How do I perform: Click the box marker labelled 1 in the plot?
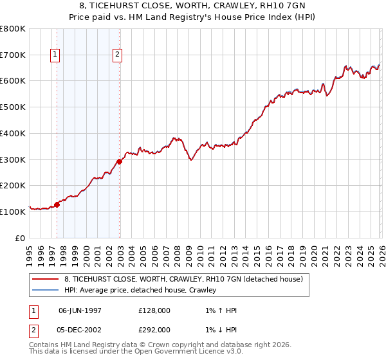click(57, 55)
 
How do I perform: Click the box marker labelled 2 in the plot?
click(118, 55)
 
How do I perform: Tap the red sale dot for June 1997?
click(57, 204)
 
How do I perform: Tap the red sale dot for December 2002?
click(120, 161)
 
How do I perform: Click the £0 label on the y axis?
click(21, 238)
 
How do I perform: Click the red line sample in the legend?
click(46, 279)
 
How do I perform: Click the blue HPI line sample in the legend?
click(46, 290)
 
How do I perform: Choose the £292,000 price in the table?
click(154, 330)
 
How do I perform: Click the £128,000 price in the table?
click(154, 310)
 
